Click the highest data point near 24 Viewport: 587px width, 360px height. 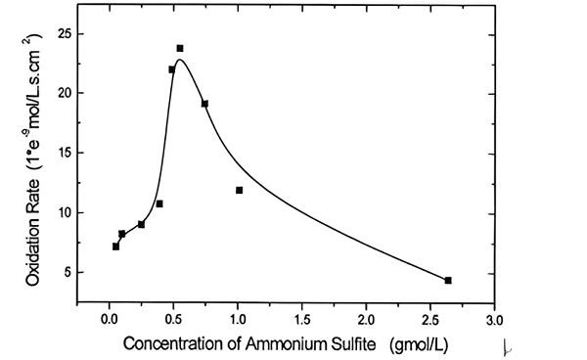pyautogui.click(x=180, y=48)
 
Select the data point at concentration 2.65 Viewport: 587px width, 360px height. pyautogui.click(x=448, y=281)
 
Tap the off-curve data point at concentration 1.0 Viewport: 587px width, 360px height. pyautogui.click(x=239, y=190)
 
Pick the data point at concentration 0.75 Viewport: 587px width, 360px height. pyautogui.click(x=204, y=104)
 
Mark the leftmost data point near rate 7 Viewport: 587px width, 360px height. pyautogui.click(x=115, y=247)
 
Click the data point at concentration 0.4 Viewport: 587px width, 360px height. pyautogui.click(x=159, y=203)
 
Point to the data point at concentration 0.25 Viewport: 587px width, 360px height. pyautogui.click(x=141, y=224)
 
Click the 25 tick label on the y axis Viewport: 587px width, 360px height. pyautogui.click(x=64, y=33)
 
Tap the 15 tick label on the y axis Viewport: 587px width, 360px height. pyautogui.click(x=64, y=154)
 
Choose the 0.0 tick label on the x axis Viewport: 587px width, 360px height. pyautogui.click(x=109, y=319)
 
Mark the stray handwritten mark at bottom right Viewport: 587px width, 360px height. pyautogui.click(x=505, y=345)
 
